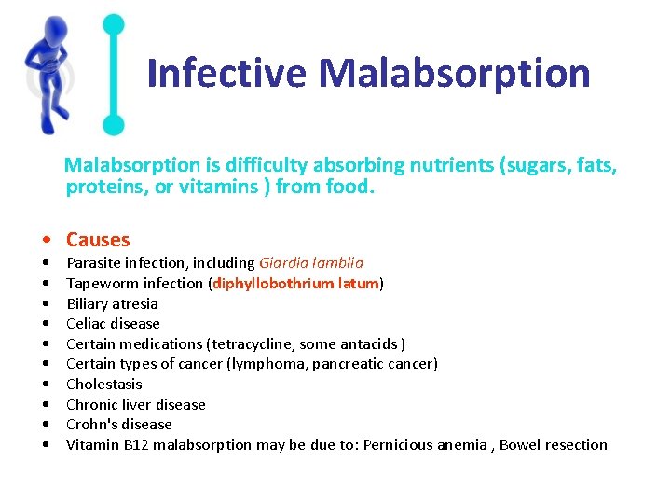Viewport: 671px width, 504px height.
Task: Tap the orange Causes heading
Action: (x=98, y=240)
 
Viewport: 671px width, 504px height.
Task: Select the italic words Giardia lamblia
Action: (x=311, y=263)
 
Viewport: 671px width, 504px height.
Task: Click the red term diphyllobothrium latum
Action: (x=295, y=284)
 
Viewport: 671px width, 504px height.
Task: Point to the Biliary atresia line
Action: (x=112, y=303)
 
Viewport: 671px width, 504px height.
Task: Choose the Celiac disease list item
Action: (x=113, y=324)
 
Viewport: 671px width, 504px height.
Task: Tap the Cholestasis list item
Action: (x=103, y=385)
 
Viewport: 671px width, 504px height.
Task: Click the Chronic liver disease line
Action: (x=135, y=405)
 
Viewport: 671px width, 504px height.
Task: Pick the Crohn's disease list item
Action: (x=118, y=425)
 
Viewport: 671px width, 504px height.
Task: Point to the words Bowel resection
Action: (x=554, y=445)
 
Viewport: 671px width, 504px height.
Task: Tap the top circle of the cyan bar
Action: (x=114, y=25)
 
